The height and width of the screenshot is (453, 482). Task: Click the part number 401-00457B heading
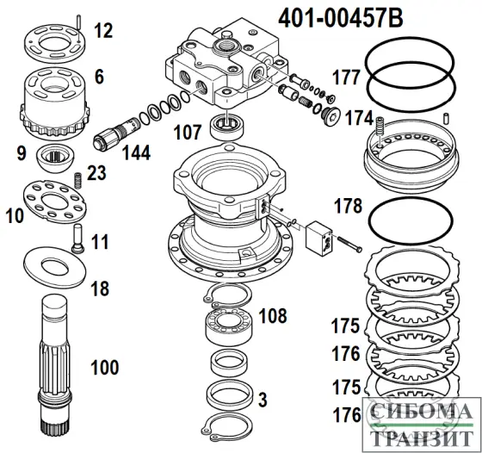point(341,17)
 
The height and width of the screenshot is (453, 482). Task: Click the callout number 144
point(137,152)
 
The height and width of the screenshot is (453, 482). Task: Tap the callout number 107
point(188,133)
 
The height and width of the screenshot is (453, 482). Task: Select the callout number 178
point(349,206)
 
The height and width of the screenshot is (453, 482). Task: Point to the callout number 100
point(105,367)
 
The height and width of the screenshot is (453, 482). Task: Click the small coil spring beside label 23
point(78,181)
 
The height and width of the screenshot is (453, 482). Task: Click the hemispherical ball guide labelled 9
point(55,157)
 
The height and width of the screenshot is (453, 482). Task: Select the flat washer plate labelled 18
point(55,268)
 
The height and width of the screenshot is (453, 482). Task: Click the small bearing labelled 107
point(227,126)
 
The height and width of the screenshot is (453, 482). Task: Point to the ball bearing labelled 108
point(229,326)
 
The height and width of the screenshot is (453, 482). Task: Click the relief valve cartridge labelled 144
point(116,134)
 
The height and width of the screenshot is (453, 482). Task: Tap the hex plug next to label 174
point(331,116)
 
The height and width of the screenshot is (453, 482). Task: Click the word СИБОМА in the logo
point(422,412)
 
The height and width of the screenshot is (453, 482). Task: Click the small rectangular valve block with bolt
point(319,239)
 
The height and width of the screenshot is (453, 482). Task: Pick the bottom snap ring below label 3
point(227,427)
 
